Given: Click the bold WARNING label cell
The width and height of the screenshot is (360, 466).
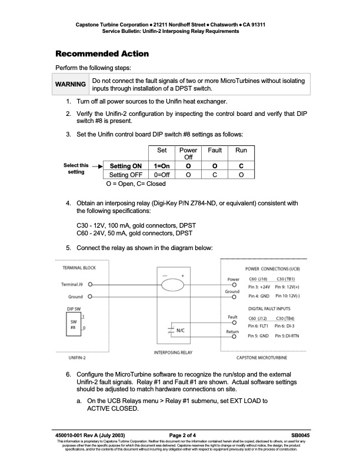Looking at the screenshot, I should [71, 84].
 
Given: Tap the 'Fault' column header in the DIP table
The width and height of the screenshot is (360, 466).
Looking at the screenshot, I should [215, 150].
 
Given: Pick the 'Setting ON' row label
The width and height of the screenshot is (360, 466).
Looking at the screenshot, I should [125, 166].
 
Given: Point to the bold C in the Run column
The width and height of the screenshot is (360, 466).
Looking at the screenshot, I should [241, 166].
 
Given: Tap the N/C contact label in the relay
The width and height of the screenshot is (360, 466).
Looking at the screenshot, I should [182, 330].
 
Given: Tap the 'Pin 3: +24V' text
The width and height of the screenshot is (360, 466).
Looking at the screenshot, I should [258, 285].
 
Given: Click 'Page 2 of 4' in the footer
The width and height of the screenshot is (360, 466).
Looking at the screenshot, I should [179, 434].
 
